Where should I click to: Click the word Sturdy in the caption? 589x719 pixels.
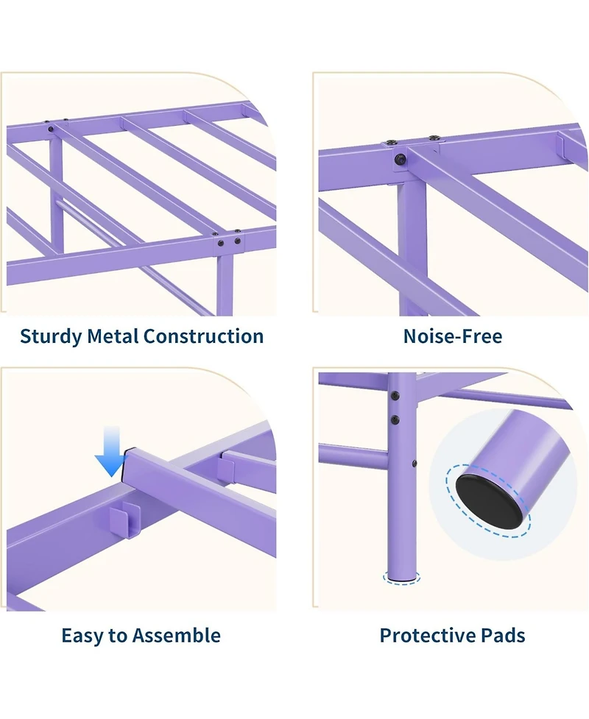click(51, 336)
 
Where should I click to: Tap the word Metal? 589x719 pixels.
click(113, 336)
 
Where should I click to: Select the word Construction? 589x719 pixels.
click(204, 336)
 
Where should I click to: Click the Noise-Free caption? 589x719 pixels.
click(453, 336)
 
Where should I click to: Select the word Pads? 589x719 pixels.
click(503, 635)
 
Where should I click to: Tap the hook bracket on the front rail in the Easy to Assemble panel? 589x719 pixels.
click(124, 519)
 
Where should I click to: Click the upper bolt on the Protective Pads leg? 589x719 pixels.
click(394, 394)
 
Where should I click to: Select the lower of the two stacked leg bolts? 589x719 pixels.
click(395, 419)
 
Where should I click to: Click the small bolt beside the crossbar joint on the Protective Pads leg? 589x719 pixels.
click(415, 464)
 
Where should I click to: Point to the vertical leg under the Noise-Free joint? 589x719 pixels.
click(409, 247)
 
